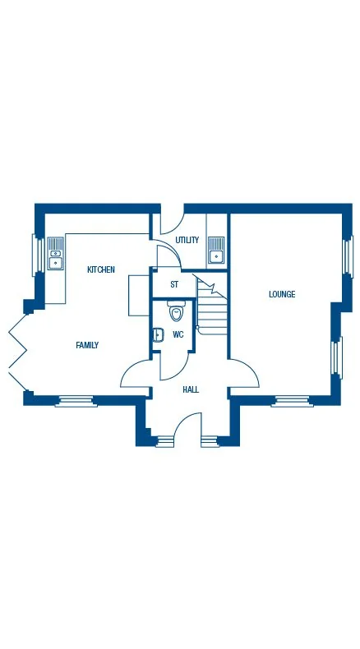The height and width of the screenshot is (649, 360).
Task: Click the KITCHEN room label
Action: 101,269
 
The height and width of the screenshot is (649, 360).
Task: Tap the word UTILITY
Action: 187,240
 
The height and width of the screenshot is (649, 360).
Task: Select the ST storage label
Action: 173,284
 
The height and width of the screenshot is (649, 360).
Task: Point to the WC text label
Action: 178,334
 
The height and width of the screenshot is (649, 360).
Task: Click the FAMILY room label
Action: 87,345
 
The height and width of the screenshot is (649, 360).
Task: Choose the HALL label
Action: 191,389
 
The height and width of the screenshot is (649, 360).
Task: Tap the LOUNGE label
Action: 282,294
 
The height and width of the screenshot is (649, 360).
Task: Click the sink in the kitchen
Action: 56,254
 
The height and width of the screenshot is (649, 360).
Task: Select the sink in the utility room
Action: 216,249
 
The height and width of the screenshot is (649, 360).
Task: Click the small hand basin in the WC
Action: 157,334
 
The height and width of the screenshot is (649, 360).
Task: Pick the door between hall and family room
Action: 135,374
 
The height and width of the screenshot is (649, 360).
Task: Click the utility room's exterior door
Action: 171,222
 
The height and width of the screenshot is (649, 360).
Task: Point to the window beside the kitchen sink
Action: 37,254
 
